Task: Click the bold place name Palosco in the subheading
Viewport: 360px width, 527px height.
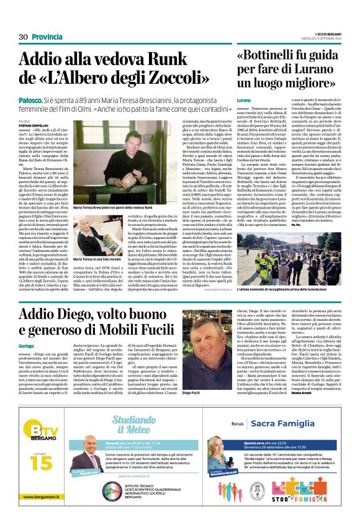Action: (x=30, y=99)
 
